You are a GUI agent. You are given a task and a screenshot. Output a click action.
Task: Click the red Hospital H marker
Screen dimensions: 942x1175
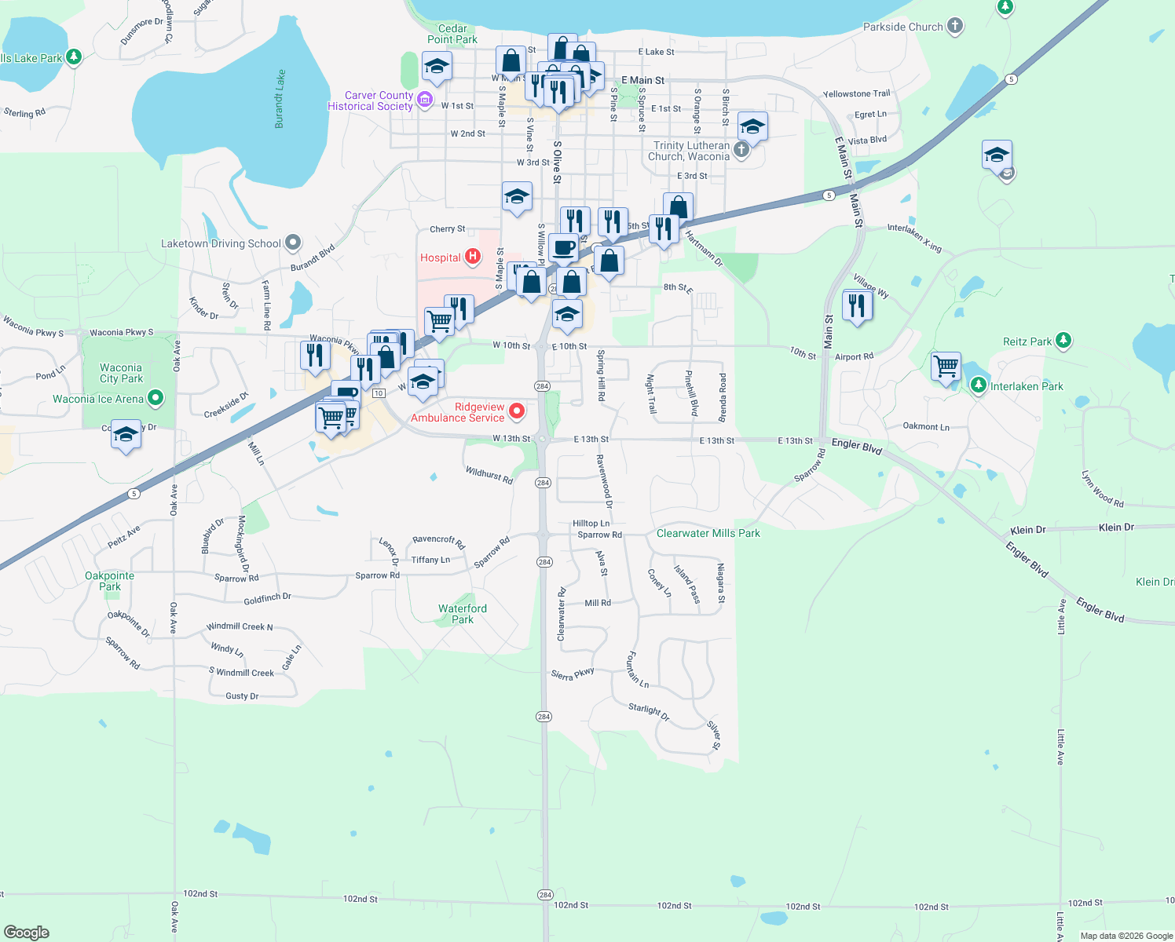[473, 256]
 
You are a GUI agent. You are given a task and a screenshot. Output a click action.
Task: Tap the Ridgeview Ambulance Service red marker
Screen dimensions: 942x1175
[517, 411]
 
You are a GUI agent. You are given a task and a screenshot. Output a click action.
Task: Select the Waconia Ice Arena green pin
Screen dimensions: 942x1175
[156, 398]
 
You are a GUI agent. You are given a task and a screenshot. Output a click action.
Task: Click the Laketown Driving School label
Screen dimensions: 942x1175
[221, 244]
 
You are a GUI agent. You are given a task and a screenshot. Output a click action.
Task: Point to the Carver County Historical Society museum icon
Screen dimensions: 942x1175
[425, 99]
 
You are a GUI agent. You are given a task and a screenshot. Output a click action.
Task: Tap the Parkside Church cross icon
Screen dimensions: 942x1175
[955, 26]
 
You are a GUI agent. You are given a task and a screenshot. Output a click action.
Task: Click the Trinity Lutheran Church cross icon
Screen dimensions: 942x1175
[741, 149]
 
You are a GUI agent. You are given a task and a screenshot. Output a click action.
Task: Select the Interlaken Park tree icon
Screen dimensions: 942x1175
[978, 385]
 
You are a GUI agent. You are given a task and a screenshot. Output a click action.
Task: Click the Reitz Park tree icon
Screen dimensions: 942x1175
[1063, 341]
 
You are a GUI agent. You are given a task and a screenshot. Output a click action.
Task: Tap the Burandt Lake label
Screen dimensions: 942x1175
[280, 99]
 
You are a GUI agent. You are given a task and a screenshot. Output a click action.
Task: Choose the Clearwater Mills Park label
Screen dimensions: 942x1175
[708, 533]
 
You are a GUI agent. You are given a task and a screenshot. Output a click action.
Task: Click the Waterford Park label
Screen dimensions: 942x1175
[463, 614]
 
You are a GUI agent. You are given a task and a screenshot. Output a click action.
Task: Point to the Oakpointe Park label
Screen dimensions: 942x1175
[110, 581]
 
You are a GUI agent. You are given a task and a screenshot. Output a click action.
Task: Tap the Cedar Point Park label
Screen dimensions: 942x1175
[452, 34]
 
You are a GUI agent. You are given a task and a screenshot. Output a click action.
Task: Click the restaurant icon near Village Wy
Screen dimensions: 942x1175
[857, 305]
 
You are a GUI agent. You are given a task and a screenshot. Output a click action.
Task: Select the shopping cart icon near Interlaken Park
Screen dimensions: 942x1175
[946, 366]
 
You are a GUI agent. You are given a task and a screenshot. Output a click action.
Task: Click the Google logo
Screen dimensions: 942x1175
[27, 932]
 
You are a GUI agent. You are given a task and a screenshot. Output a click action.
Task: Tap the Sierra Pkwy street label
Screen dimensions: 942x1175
[573, 674]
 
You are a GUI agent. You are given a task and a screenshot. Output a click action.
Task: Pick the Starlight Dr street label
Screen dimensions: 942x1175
[648, 712]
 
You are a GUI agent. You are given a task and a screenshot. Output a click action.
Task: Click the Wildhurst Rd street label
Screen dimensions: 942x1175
[489, 474]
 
